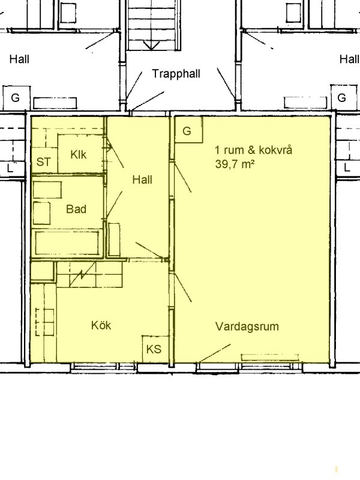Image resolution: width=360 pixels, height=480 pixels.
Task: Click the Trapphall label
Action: tap(176, 74)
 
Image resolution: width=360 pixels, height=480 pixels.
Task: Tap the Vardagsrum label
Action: tap(247, 326)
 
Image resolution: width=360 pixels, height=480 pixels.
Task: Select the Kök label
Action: tap(101, 325)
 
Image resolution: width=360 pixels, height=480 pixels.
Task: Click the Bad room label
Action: tap(76, 209)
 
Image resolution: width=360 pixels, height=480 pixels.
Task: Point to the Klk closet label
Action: tap(79, 155)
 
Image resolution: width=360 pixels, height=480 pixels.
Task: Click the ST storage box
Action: tap(44, 160)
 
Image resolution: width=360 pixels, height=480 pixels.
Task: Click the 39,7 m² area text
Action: tap(235, 164)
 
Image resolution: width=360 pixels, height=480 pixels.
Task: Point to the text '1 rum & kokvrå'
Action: tap(253, 150)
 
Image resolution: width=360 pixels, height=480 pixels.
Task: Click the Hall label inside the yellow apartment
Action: tap(142, 179)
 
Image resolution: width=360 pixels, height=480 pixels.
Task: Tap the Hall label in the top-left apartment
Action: tap(19, 59)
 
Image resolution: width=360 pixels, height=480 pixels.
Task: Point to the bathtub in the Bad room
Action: tap(67, 243)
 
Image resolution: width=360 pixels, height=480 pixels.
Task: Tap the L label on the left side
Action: tap(10, 168)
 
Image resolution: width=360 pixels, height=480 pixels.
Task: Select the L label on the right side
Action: tap(347, 168)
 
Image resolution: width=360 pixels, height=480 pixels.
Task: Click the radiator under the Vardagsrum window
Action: tap(269, 357)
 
